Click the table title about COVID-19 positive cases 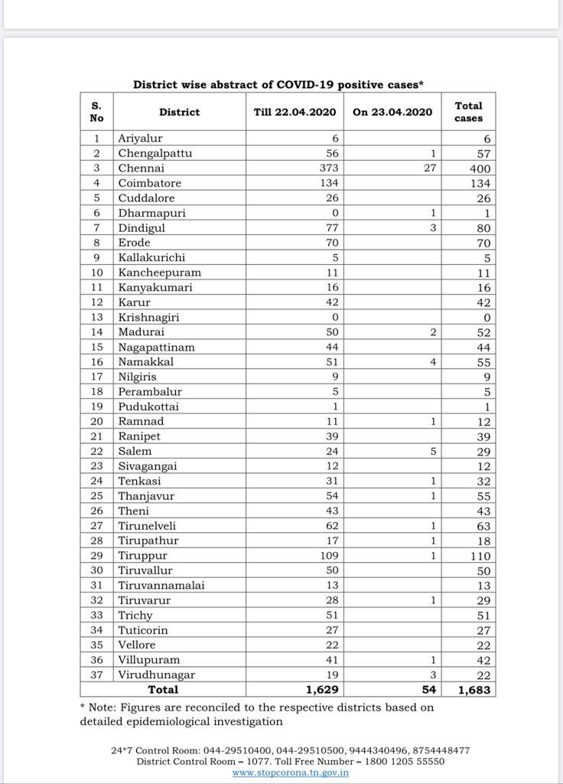click(279, 84)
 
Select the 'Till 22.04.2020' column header click(295, 112)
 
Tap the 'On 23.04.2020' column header click(392, 112)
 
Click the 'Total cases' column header click(468, 112)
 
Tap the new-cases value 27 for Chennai click(429, 168)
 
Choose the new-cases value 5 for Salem click(432, 451)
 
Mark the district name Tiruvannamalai click(161, 586)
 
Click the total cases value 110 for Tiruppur click(478, 556)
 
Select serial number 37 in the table click(97, 675)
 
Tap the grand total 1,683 click(475, 690)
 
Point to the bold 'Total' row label click(163, 690)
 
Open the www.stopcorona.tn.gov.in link click(291, 773)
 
